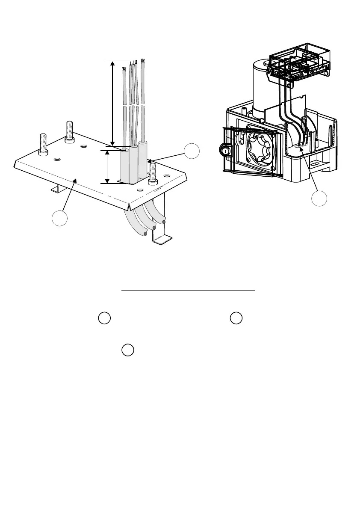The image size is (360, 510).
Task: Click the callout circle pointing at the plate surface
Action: [60, 218]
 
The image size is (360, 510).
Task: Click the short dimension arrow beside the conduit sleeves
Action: [107, 167]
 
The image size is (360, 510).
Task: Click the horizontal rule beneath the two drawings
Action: [188, 290]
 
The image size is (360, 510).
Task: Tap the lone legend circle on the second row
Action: [128, 350]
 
